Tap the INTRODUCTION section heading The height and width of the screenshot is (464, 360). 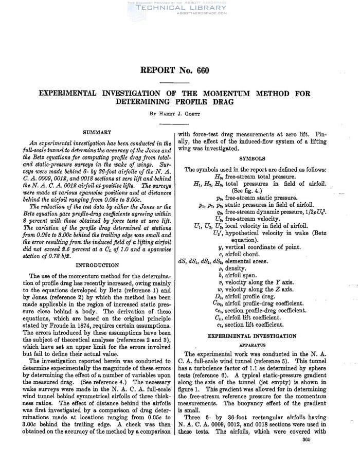pyautogui.click(x=98, y=265)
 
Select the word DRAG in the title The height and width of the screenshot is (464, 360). pyautogui.click(x=222, y=102)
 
